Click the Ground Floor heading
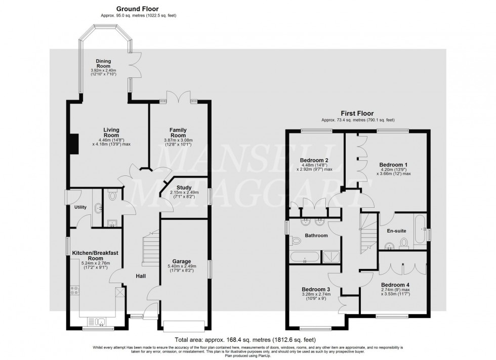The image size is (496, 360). pyautogui.click(x=137, y=9)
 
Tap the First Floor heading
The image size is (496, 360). pyautogui.click(x=357, y=114)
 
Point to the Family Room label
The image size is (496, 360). pyautogui.click(x=178, y=133)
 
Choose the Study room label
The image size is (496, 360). pyautogui.click(x=184, y=187)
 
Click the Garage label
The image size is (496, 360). pyautogui.click(x=181, y=261)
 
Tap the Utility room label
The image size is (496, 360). pyautogui.click(x=80, y=207)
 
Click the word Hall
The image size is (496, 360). pyautogui.click(x=141, y=276)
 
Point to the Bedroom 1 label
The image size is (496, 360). pyautogui.click(x=393, y=165)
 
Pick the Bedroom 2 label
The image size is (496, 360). pyautogui.click(x=314, y=161)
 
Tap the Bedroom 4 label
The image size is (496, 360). pyautogui.click(x=393, y=285)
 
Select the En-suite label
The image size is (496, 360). pyautogui.click(x=396, y=231)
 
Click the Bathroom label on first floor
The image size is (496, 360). pyautogui.click(x=316, y=236)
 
